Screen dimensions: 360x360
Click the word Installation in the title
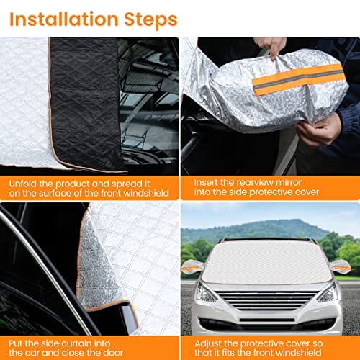pos(64,19)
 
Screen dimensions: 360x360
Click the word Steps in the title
pos(150,20)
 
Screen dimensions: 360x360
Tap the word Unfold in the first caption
pos(23,184)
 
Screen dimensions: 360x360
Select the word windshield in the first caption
pos(146,193)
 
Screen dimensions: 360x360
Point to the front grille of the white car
pos(266,300)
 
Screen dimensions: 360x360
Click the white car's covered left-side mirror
pos(193,266)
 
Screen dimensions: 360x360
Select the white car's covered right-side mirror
pos(341,267)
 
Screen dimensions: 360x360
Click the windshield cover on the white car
pos(266,261)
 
